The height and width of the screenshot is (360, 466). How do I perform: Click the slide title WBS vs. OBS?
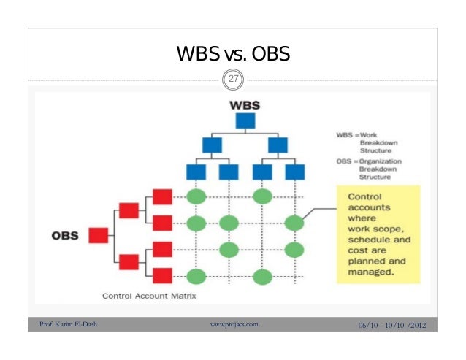click(233, 54)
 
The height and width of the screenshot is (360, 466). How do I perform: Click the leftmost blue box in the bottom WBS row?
click(196, 172)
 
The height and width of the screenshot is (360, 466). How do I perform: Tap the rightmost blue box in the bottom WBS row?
click(294, 172)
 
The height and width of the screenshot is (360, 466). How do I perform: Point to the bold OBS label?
click(66, 235)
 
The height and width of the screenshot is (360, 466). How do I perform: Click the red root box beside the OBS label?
click(99, 235)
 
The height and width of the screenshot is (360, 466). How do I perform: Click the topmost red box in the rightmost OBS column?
click(162, 196)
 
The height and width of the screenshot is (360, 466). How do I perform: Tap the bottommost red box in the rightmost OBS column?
click(162, 275)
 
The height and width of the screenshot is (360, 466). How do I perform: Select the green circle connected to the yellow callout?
click(294, 223)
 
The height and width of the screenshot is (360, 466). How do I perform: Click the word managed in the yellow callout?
click(371, 272)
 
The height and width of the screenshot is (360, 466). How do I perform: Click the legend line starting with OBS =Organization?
click(369, 161)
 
